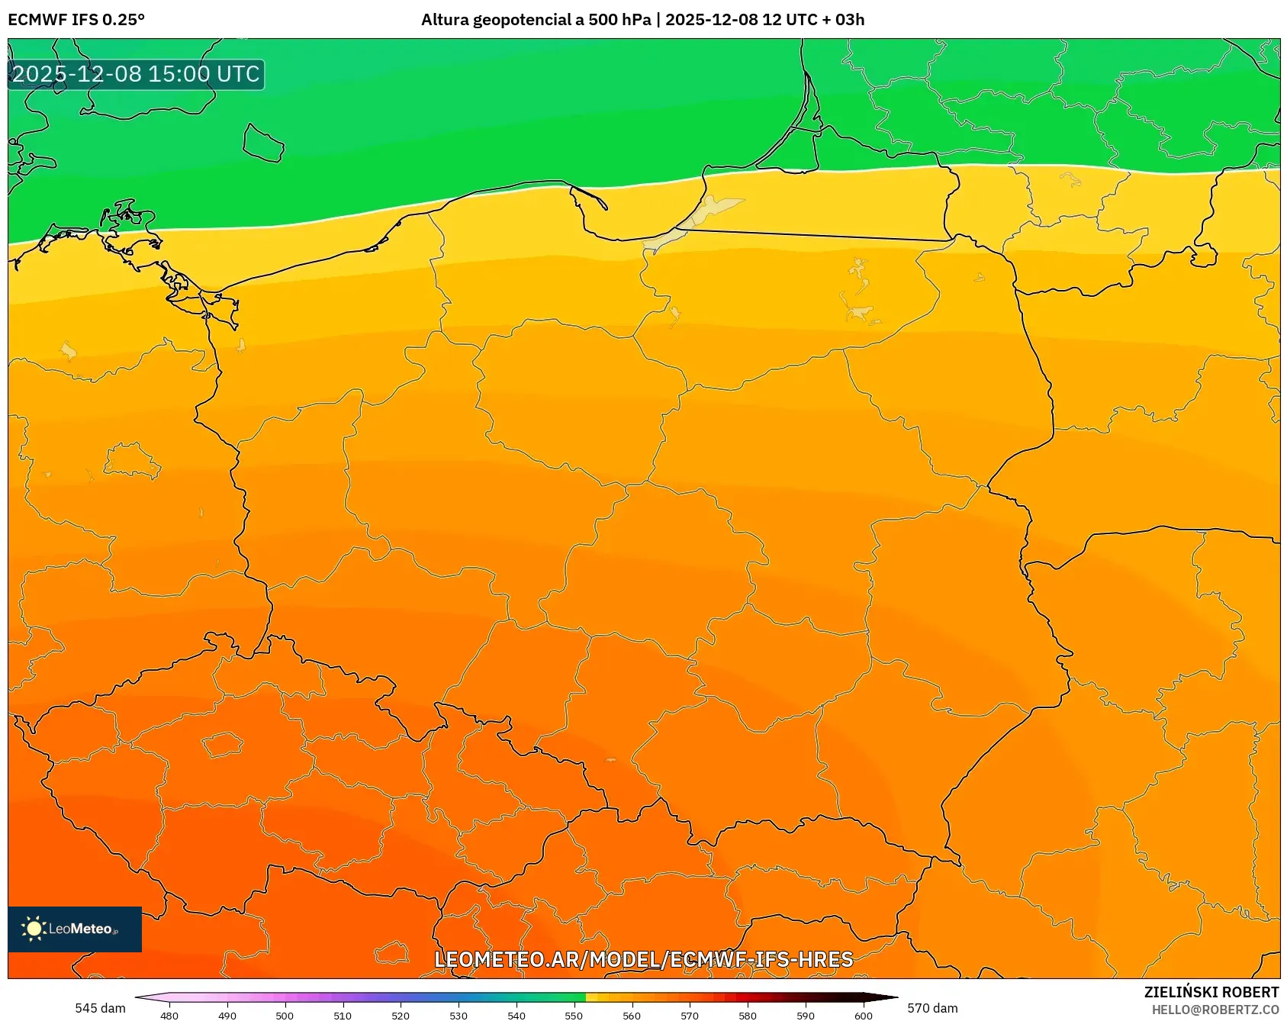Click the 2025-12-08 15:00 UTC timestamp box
(x=136, y=74)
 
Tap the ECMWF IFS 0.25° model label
(x=76, y=20)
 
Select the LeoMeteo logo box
(x=75, y=929)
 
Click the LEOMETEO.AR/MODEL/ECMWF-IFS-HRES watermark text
(x=643, y=959)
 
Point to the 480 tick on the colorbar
(x=169, y=1015)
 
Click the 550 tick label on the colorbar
(x=574, y=1015)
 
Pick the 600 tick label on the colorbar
(x=863, y=1015)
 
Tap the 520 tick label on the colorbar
(x=401, y=1015)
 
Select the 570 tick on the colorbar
(x=690, y=1015)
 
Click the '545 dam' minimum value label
(x=100, y=1008)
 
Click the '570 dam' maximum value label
(x=932, y=1008)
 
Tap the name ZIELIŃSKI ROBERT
(x=1211, y=992)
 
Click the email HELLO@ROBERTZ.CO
(x=1215, y=1010)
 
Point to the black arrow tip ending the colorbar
(x=889, y=997)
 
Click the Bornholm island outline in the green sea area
(x=263, y=143)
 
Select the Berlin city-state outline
(x=131, y=461)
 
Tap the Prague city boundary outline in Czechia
(x=222, y=745)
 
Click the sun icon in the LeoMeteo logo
(x=34, y=929)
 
